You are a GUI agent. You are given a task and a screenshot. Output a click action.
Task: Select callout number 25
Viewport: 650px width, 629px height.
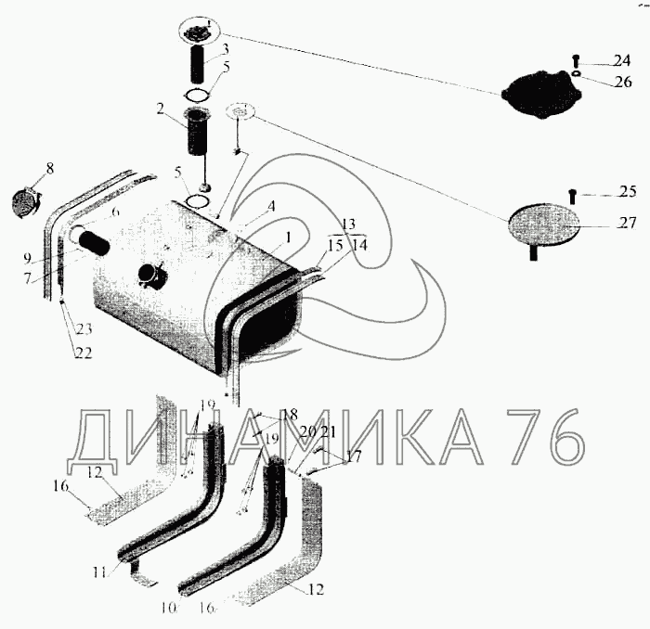[629, 193]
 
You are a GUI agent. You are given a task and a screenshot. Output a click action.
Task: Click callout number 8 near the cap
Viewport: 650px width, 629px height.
[50, 168]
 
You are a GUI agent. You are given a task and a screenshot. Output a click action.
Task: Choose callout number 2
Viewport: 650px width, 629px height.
[161, 109]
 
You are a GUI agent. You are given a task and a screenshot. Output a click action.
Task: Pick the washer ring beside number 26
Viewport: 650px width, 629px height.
[578, 75]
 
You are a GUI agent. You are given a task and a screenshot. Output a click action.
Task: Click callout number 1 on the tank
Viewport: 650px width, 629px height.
[289, 237]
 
